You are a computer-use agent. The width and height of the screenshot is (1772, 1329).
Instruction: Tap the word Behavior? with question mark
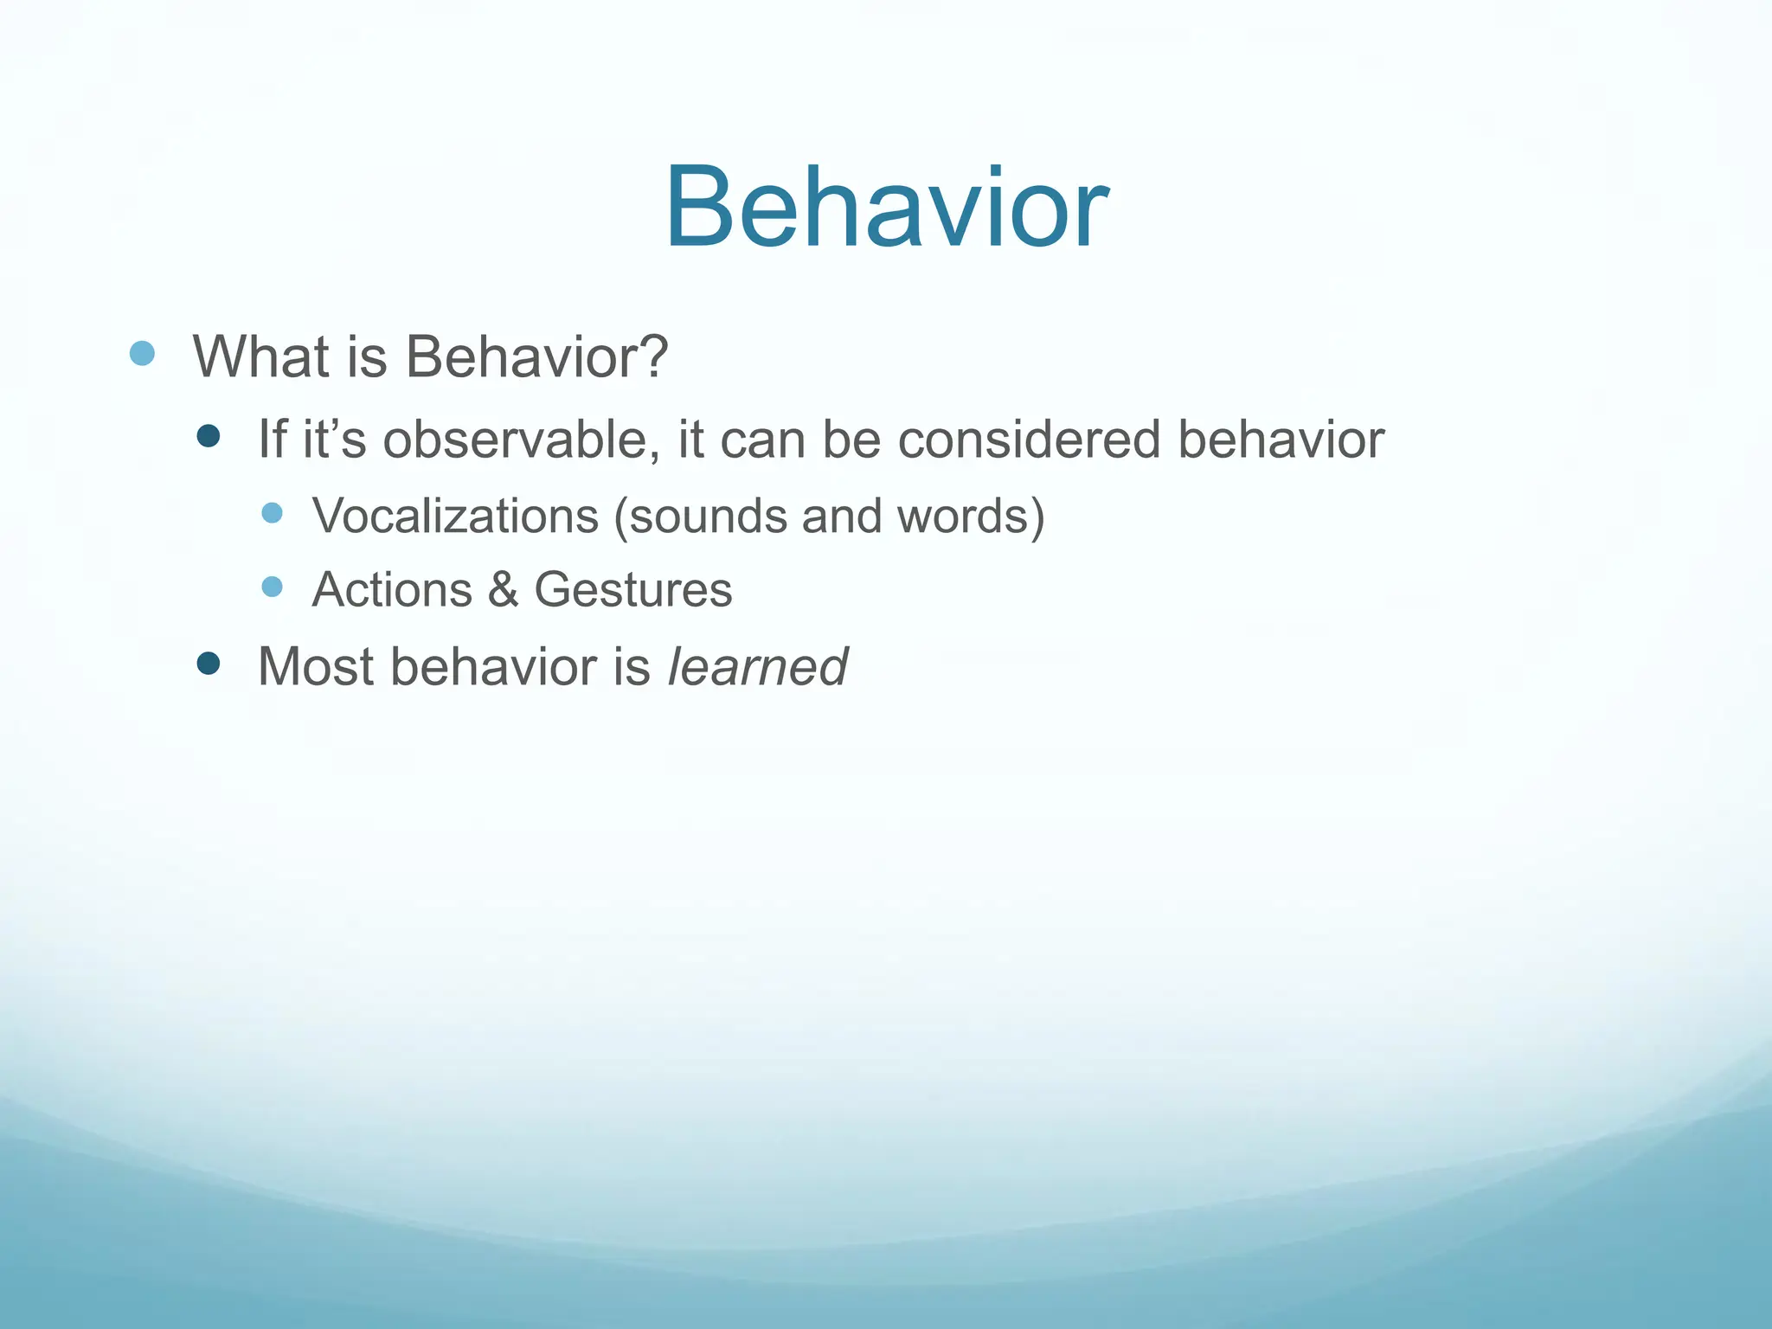536,356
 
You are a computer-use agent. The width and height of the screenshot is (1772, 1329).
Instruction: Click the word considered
1029,440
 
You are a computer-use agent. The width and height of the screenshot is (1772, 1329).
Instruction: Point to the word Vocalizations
455,517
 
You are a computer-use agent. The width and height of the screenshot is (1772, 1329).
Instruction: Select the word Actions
392,590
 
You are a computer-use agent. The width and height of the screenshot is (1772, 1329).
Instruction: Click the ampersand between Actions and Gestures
503,590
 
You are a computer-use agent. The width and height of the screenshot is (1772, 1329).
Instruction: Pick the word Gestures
632,590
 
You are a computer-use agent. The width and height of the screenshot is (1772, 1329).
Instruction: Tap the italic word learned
758,667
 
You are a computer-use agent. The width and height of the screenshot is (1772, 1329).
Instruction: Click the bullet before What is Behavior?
142,353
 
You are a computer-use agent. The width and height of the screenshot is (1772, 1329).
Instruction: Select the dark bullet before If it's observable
208,436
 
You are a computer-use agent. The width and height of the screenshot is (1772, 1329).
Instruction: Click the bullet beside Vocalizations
272,513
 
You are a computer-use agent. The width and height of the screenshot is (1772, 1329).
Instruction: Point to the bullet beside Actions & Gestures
272,587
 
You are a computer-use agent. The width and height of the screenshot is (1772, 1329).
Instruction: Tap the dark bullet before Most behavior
208,664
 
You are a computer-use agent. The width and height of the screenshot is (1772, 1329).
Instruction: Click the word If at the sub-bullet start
272,440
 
